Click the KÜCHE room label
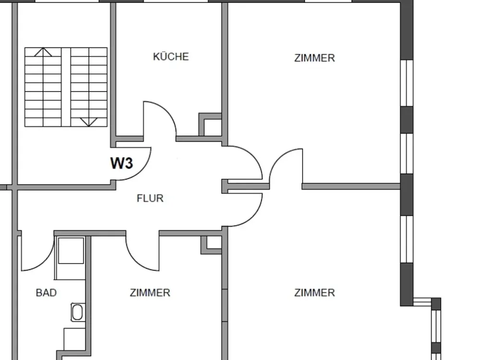click(171, 57)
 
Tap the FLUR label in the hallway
click(150, 198)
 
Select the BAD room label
click(46, 293)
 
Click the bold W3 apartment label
click(121, 163)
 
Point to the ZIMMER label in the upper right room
click(314, 58)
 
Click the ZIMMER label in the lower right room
click(314, 293)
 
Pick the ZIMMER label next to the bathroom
click(150, 293)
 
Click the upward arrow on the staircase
click(43, 52)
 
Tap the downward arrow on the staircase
click(89, 122)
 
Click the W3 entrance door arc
click(143, 171)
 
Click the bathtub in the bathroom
click(77, 312)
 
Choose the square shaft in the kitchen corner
click(210, 125)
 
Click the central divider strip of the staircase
click(66, 87)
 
